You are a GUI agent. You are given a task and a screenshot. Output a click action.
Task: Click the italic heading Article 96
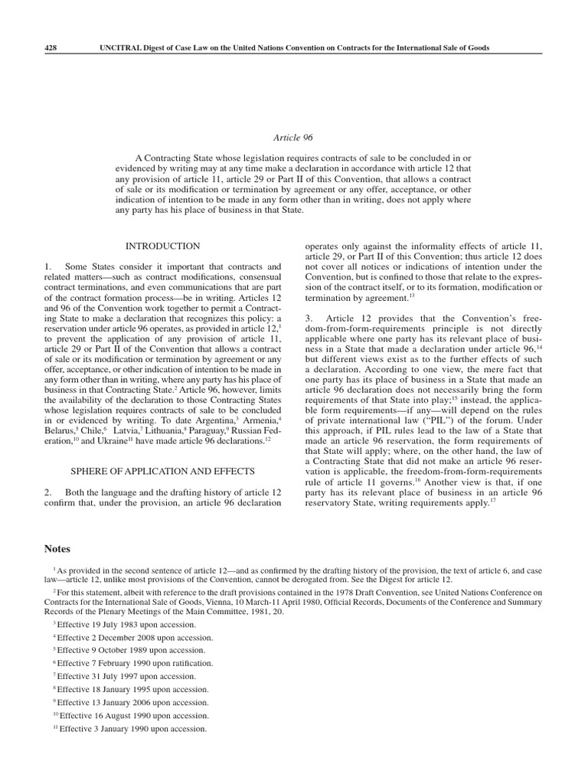[293, 138]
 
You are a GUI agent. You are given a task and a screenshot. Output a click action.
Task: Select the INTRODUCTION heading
[162, 247]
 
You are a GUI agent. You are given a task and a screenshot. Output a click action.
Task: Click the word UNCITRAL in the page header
[122, 47]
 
